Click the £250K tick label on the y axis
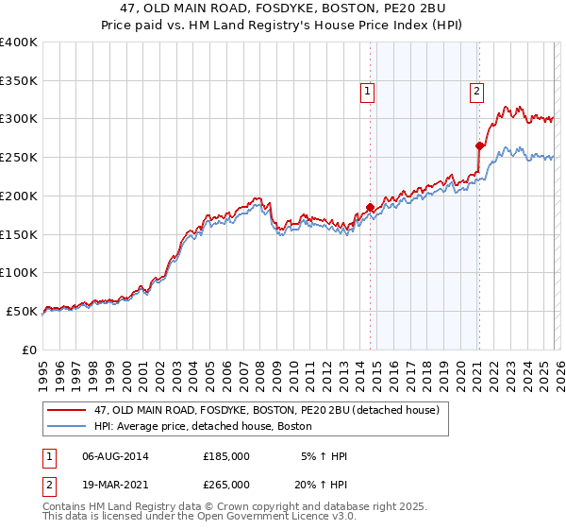(x=19, y=157)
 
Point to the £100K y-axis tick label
(x=19, y=272)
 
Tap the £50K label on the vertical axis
(x=22, y=311)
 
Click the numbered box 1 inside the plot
(x=367, y=92)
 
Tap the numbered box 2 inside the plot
(x=477, y=92)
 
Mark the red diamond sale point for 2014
(x=370, y=207)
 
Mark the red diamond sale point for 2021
(x=480, y=145)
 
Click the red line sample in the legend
(x=67, y=410)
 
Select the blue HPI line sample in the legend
(x=67, y=427)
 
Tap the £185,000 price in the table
(x=226, y=456)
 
